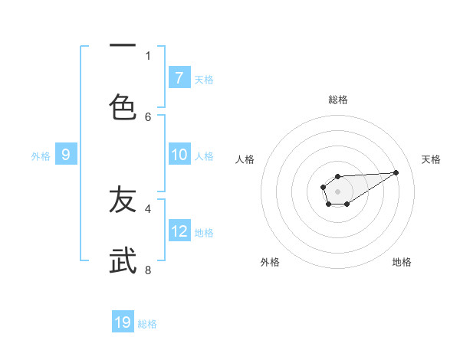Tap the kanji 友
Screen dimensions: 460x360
123,200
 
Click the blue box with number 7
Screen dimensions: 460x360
179,78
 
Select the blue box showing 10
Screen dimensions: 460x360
179,155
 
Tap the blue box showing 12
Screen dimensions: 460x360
179,231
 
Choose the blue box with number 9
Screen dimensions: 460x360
66,155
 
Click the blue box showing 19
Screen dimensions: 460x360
123,322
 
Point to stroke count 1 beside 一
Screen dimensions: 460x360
148,55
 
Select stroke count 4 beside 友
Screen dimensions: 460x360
148,208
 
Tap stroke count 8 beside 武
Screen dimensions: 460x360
148,270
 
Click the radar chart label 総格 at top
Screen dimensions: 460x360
338,100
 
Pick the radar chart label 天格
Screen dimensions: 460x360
431,159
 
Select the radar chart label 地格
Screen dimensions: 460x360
402,262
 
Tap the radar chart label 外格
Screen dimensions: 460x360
270,262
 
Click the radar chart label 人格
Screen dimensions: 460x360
245,159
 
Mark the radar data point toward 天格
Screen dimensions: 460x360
396,172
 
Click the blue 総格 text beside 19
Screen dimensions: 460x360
147,324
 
